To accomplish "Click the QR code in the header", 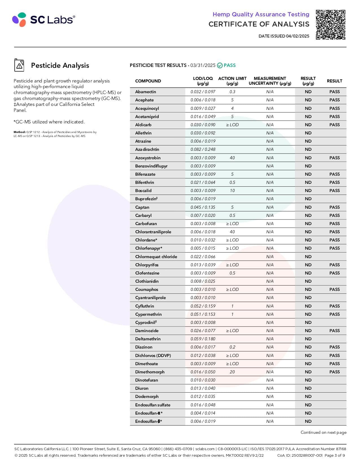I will pos(330,25).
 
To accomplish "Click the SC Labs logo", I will pos(44,19).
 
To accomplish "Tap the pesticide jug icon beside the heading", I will pos(19,65).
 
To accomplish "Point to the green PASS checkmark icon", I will pos(220,66).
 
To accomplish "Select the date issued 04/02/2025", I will pos(284,36).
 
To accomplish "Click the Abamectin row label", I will pos(145,92).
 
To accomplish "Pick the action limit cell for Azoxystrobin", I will pos(232,158).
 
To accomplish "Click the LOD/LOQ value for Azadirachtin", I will pos(203,149).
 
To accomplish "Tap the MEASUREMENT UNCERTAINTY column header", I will pos(270,81).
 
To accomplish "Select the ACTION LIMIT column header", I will pos(232,81).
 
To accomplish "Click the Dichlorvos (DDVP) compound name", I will pos(153,356).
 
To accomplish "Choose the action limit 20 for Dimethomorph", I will pos(232,372).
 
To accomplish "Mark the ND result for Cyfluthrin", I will pos(308,306).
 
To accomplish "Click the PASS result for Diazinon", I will pos(334,347).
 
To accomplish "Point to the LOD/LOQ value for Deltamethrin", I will pos(203,339).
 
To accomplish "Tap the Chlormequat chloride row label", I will pos(156,257).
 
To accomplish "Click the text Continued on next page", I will pos(323,432).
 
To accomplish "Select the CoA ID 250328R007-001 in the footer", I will pos(300,455).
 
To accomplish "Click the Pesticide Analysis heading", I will pos(60,66).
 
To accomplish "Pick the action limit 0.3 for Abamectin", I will pos(232,92).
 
